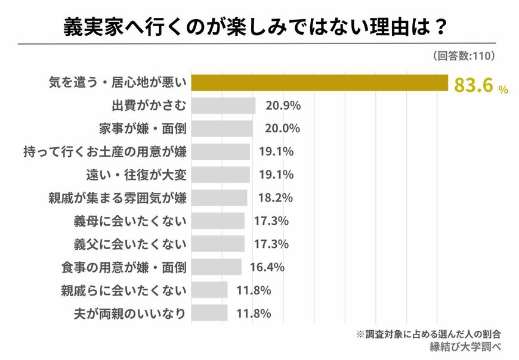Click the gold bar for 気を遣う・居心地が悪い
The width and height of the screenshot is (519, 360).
click(319, 82)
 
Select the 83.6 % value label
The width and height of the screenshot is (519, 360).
click(481, 86)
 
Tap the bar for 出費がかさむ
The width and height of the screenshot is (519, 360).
click(223, 105)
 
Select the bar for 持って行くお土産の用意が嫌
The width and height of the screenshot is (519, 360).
click(220, 152)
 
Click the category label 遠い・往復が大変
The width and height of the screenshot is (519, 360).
click(137, 175)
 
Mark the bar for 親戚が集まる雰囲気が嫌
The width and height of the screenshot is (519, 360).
click(219, 198)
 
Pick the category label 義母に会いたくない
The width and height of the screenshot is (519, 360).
click(129, 221)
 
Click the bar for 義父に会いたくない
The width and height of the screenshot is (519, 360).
click(218, 244)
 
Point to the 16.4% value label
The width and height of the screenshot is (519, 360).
click(267, 267)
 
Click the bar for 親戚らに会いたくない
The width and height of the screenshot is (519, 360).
click(209, 290)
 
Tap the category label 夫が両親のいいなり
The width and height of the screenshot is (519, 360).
click(129, 313)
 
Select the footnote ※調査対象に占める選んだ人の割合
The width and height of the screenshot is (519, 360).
click(428, 334)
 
